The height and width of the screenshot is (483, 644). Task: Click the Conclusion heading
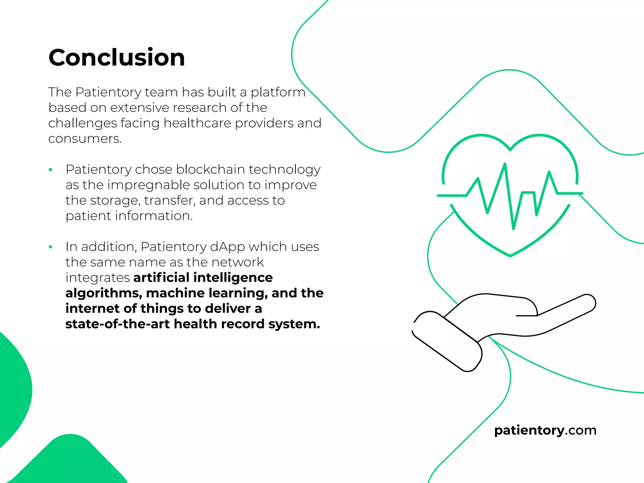(x=117, y=58)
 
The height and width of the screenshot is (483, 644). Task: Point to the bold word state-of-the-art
(x=118, y=324)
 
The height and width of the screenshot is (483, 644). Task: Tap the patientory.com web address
(x=545, y=430)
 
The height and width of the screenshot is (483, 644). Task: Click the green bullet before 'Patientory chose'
(x=51, y=170)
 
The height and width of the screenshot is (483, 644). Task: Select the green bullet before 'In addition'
(x=51, y=247)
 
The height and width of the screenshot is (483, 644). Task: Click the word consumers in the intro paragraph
(x=85, y=139)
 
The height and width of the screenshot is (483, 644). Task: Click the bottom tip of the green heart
(x=510, y=255)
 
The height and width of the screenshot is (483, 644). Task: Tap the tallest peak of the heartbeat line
(x=505, y=164)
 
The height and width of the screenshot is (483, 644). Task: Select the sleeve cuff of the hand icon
(x=447, y=341)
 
